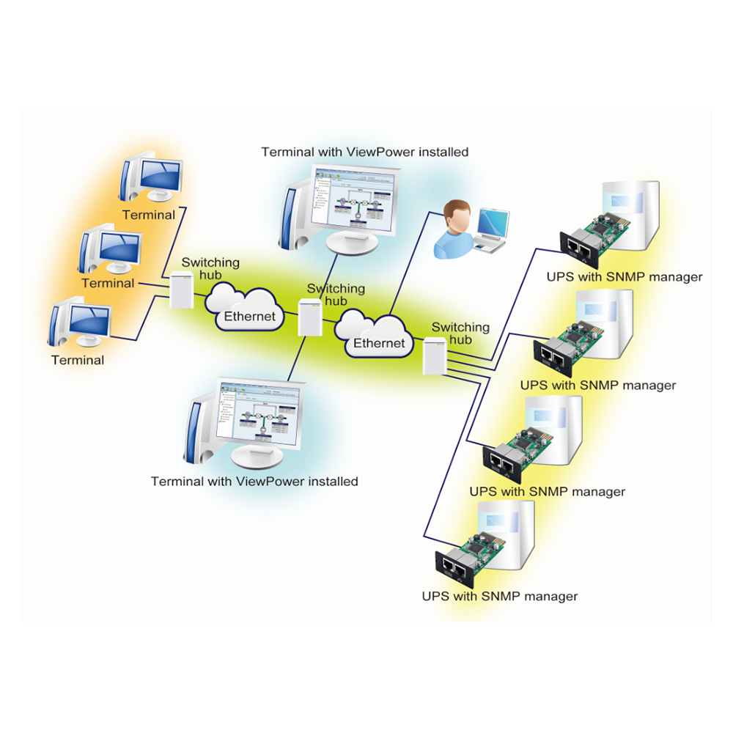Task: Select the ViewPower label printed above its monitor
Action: point(364,152)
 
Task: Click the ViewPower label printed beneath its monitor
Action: point(254,482)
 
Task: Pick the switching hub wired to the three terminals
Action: point(180,289)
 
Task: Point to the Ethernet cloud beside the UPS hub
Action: point(373,333)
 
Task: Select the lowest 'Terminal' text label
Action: point(78,360)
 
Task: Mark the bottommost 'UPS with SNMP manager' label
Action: point(500,596)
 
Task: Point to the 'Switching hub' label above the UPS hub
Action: point(460,334)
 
